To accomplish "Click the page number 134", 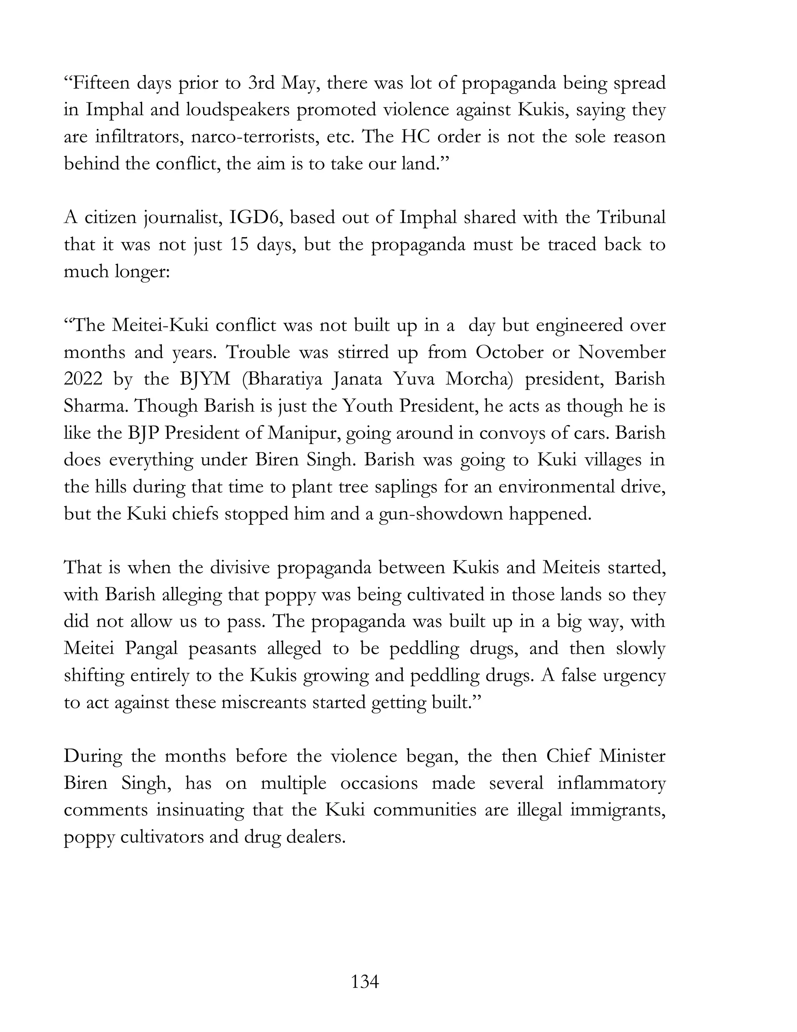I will [x=365, y=982].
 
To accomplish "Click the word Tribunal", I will [x=631, y=218].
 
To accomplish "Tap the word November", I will [x=622, y=352].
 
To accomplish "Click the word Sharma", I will [x=93, y=406].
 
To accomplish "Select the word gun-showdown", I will [x=441, y=514].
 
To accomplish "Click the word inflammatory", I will [x=611, y=784].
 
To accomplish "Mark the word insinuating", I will [x=200, y=810].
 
